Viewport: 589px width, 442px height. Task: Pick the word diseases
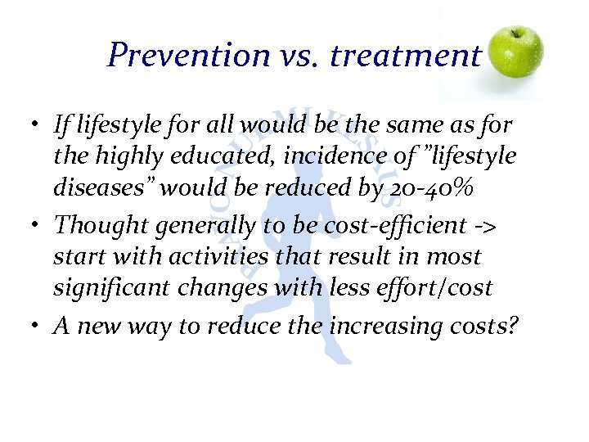coord(90,188)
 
